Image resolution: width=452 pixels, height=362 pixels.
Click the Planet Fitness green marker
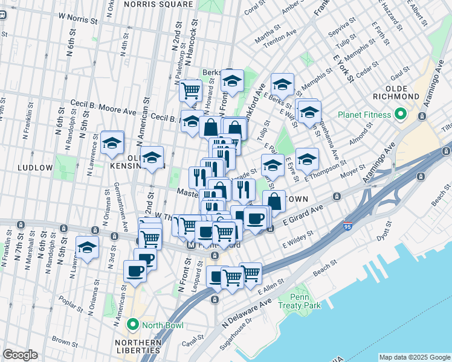pos(400,114)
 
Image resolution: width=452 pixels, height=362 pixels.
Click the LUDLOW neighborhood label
pos(35,167)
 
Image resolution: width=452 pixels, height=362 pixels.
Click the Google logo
pos(20,355)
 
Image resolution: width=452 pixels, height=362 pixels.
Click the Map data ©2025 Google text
pos(414,357)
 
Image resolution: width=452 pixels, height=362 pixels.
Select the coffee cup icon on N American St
pos(134,271)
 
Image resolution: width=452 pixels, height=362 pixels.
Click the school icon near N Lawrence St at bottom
pos(87,247)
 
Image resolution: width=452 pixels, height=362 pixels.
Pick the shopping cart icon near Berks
pos(191,91)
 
